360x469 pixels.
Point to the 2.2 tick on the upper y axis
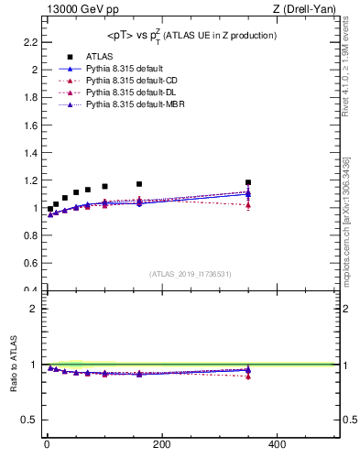click(x=30, y=42)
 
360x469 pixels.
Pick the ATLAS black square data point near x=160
click(x=139, y=184)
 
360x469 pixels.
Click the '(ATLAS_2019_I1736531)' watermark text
click(x=191, y=273)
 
